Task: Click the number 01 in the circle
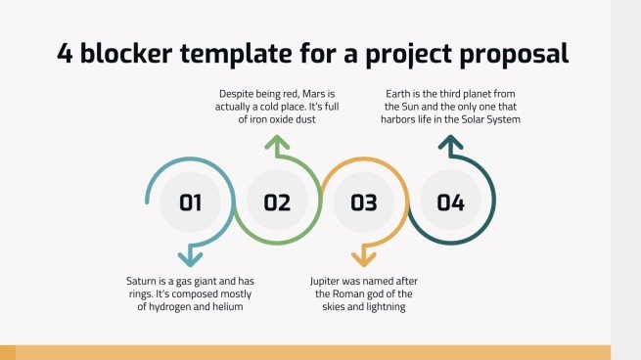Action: (190, 203)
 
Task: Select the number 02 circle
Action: (277, 203)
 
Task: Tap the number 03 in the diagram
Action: (363, 203)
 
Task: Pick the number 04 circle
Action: (450, 203)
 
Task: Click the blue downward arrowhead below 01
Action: (190, 258)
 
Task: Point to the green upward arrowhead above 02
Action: (277, 147)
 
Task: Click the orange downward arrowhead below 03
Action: (363, 258)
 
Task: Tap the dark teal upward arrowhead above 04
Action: (450, 146)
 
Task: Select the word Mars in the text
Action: (318, 93)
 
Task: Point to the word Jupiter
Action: (330, 280)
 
